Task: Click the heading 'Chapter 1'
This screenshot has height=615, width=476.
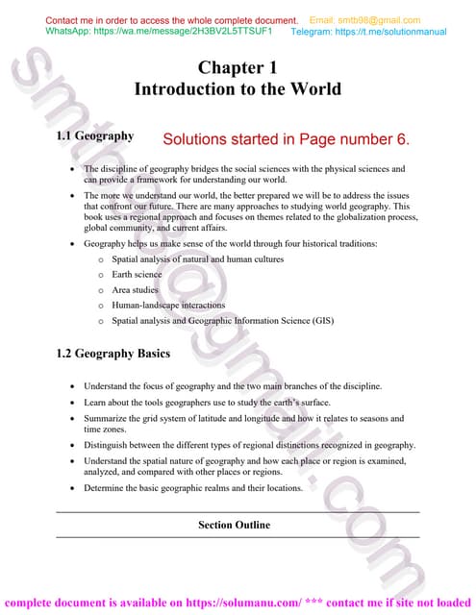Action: point(238,67)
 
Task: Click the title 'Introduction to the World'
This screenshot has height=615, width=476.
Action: point(238,89)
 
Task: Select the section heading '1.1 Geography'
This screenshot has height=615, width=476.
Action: point(95,136)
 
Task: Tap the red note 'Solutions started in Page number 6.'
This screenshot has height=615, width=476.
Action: point(287,139)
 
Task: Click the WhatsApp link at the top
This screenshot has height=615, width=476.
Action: point(159,31)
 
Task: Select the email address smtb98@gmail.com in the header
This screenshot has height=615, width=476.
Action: point(364,20)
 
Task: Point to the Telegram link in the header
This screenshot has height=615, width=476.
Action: point(368,31)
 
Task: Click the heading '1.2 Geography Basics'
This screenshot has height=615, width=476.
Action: point(113,354)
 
